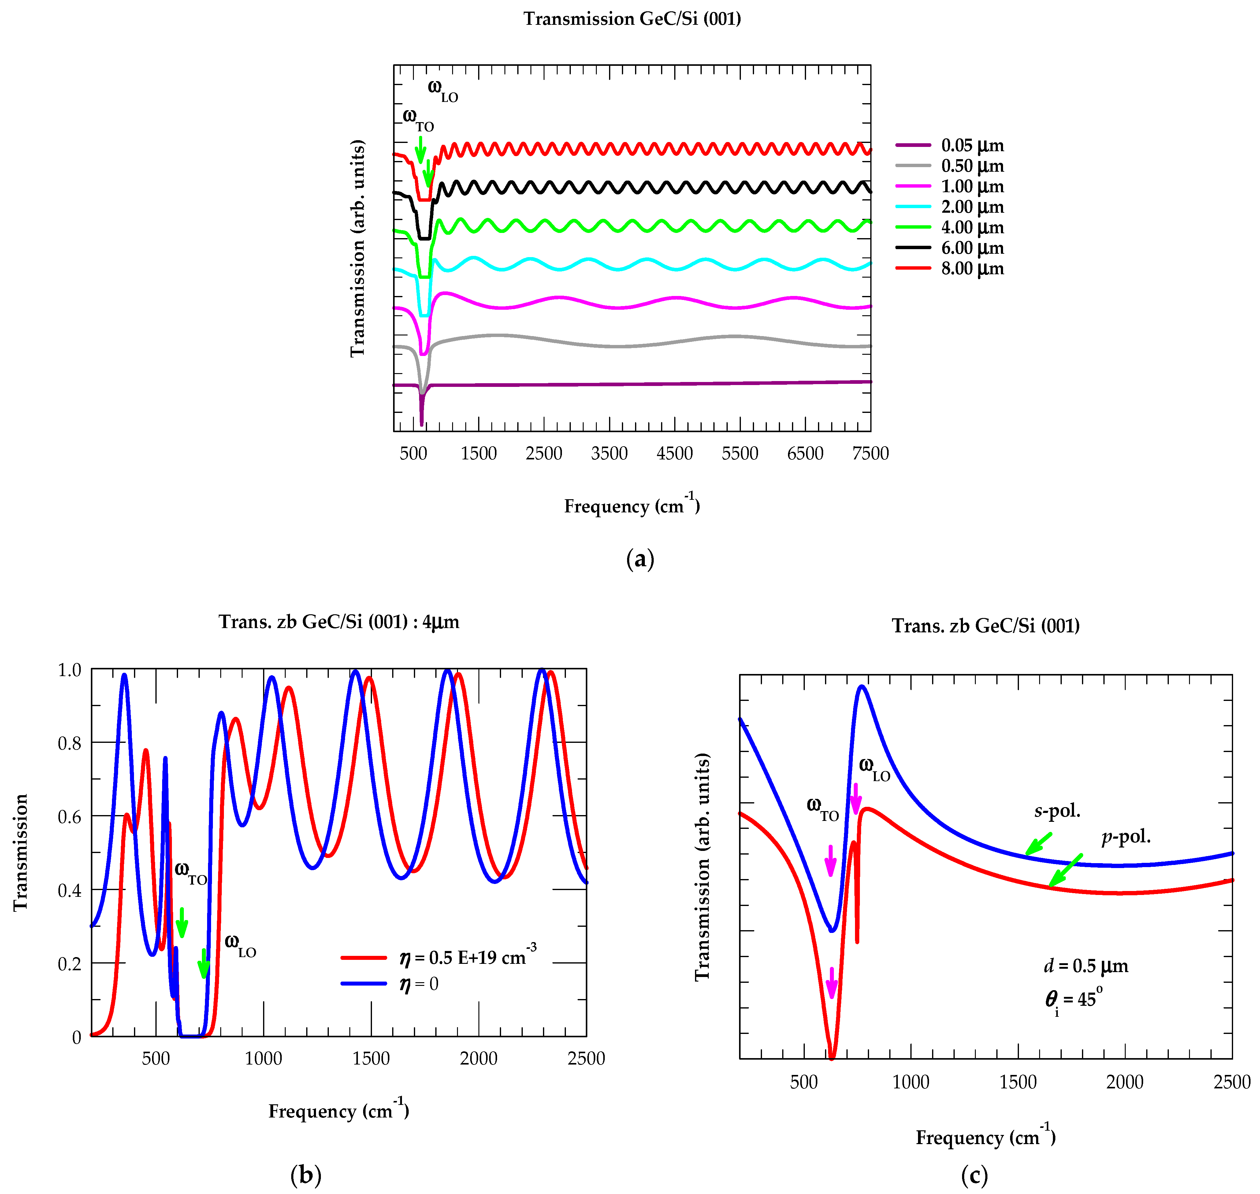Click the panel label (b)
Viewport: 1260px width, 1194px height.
tap(305, 1174)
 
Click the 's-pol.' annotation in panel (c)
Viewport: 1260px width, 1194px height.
tap(1057, 811)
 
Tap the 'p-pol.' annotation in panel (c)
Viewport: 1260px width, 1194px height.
tap(1126, 837)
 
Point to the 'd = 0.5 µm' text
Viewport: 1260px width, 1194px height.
tap(1086, 966)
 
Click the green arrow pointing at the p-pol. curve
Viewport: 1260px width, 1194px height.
tap(1065, 870)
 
